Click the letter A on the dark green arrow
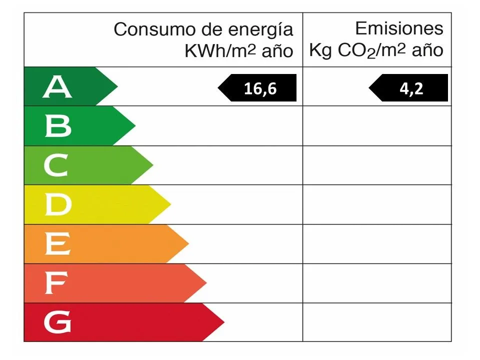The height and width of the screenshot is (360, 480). [x=57, y=87]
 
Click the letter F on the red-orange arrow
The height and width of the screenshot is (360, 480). [x=55, y=283]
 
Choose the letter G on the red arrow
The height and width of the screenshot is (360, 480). [x=57, y=322]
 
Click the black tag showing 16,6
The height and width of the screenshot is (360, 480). [x=258, y=88]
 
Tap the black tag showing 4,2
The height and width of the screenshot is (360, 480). [x=409, y=88]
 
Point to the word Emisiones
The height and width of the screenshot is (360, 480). [x=399, y=28]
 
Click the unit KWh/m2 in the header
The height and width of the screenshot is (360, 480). [x=220, y=50]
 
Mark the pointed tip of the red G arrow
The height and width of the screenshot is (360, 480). [x=223, y=322]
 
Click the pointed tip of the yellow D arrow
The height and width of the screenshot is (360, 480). [x=170, y=204]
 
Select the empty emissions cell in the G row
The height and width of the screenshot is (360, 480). [x=377, y=322]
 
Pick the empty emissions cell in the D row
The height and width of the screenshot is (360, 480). [x=377, y=204]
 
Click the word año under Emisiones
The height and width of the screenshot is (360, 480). [x=426, y=50]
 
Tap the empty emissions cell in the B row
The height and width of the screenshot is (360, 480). [x=377, y=126]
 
